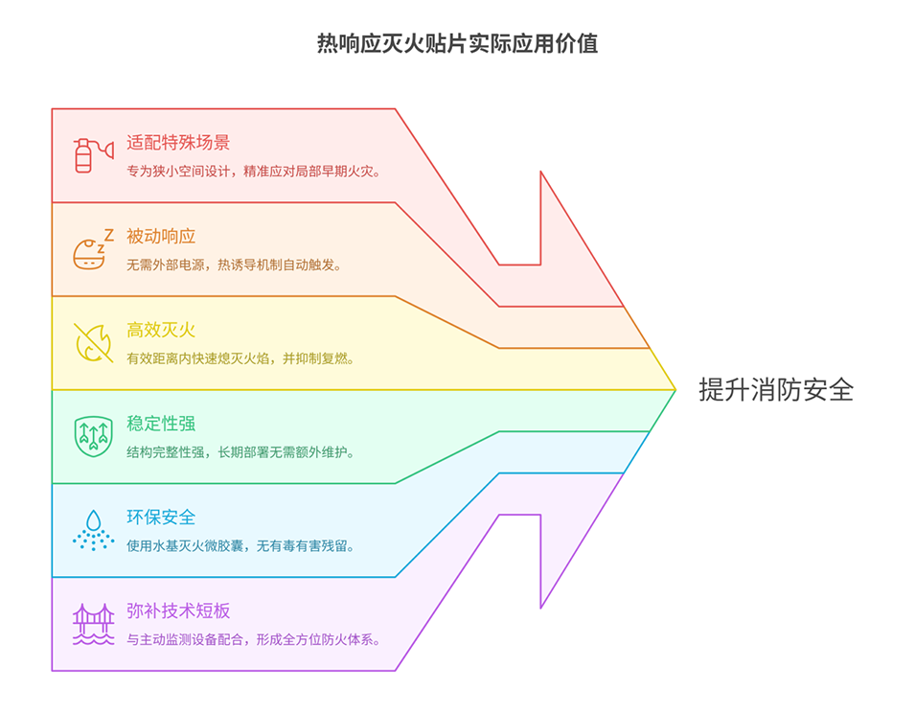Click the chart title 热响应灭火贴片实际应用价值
click(458, 44)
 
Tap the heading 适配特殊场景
click(178, 143)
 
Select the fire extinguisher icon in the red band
click(93, 155)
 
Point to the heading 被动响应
click(161, 237)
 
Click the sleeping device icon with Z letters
click(93, 249)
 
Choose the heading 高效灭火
click(161, 330)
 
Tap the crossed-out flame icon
click(93, 343)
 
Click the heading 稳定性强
click(161, 424)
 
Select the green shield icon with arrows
click(93, 436)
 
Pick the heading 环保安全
click(161, 518)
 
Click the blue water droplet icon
click(93, 530)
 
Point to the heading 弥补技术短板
click(178, 611)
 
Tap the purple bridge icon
click(93, 624)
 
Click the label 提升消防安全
click(776, 390)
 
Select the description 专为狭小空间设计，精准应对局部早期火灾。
click(254, 172)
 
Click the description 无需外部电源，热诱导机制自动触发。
click(234, 265)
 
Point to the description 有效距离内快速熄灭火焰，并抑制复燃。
click(240, 358)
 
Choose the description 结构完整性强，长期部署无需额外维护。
click(240, 452)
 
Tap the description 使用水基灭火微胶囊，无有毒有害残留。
click(240, 546)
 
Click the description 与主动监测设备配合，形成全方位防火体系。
click(254, 640)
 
